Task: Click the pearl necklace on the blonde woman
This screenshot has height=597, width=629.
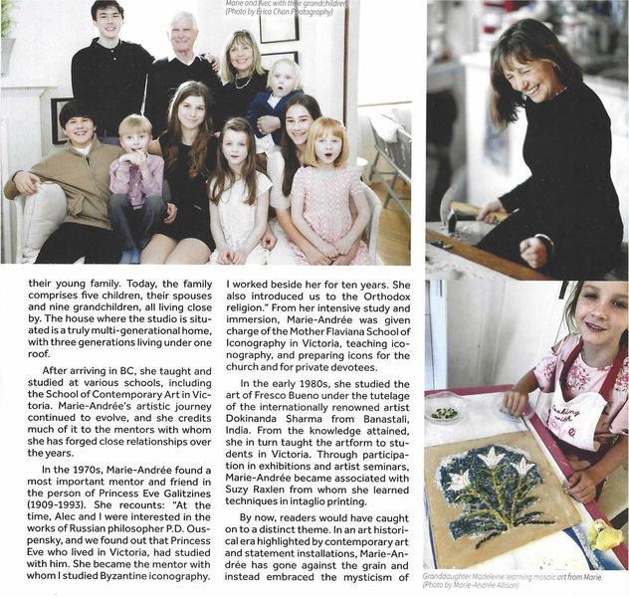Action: pos(242,82)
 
